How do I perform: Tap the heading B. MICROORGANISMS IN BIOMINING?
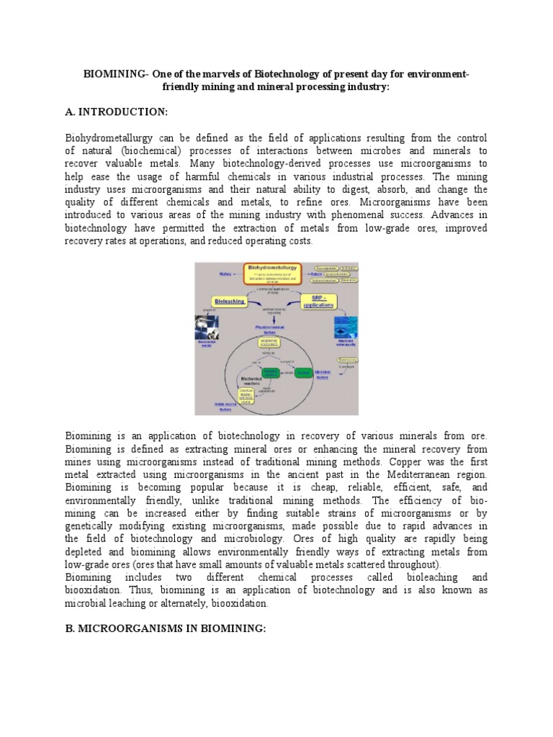pyautogui.click(x=166, y=628)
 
